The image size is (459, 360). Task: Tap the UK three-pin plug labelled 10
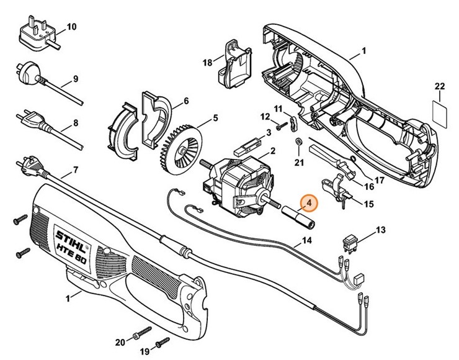tap(38, 32)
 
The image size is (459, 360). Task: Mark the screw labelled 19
tap(163, 340)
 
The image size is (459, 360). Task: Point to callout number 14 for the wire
tap(306, 240)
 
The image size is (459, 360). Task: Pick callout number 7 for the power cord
tap(75, 169)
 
